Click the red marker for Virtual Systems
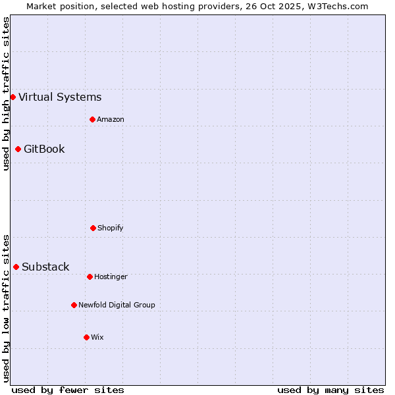click(x=13, y=97)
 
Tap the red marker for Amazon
click(x=92, y=119)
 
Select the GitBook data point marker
click(x=18, y=149)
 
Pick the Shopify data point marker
click(x=93, y=228)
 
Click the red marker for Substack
click(x=16, y=267)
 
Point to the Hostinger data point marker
click(x=90, y=276)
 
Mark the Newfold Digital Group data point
click(x=74, y=305)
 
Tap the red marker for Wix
click(x=86, y=337)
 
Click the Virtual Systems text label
click(x=60, y=97)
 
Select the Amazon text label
click(x=111, y=119)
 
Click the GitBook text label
click(x=44, y=149)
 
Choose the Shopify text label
click(x=111, y=228)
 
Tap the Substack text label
click(x=45, y=267)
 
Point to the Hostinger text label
click(x=111, y=276)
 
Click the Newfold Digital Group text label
click(x=117, y=305)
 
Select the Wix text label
click(x=97, y=337)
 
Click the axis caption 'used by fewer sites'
click(x=68, y=390)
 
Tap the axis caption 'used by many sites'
click(x=330, y=390)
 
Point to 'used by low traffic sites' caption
click(x=6, y=308)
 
